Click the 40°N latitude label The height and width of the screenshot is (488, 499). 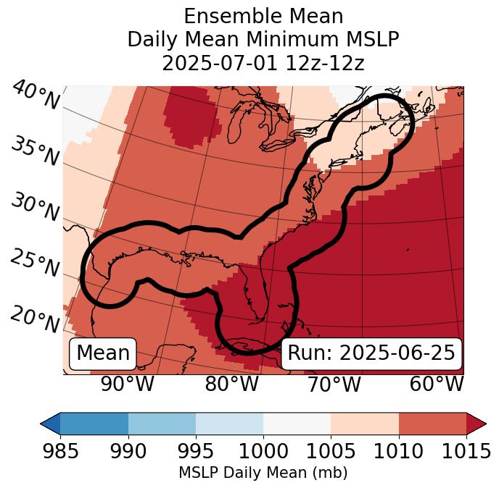[x=35, y=96]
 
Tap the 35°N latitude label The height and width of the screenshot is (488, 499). [x=35, y=151]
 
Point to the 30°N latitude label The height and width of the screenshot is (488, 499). [x=35, y=208]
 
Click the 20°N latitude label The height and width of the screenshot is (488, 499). [x=35, y=319]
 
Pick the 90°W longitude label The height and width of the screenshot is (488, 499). [x=128, y=384]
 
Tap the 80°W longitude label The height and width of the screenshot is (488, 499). [x=231, y=384]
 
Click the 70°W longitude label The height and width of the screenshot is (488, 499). [x=334, y=384]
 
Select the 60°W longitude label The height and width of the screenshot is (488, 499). [x=437, y=384]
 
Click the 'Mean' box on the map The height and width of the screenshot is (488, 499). [x=103, y=353]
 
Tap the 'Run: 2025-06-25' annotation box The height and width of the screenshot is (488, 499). [x=371, y=353]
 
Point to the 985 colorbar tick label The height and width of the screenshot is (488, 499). [x=60, y=451]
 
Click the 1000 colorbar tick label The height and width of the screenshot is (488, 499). [x=263, y=451]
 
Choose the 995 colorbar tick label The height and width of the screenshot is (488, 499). [x=196, y=451]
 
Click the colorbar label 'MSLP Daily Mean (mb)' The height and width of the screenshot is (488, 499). [x=263, y=473]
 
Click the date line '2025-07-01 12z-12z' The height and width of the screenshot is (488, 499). [x=263, y=63]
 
